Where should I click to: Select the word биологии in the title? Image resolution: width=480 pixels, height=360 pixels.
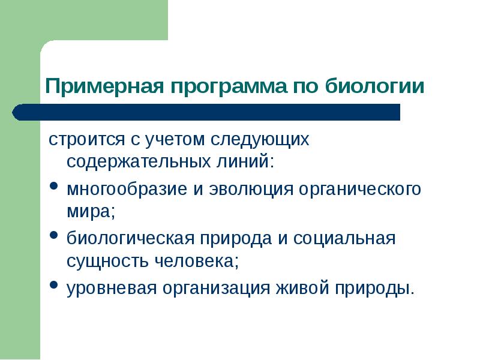click(374, 85)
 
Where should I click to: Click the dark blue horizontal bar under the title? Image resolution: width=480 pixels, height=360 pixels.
click(222, 112)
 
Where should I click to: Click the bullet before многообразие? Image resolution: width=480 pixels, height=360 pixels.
click(53, 188)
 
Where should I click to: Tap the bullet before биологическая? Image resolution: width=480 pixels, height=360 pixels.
click(53, 237)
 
